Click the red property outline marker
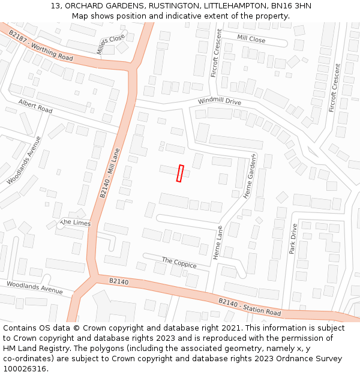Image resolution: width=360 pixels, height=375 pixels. coord(179,173)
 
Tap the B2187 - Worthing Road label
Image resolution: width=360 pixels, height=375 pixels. coord(41,47)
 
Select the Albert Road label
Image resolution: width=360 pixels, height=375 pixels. coord(35,107)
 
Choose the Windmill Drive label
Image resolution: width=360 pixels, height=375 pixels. coord(219,101)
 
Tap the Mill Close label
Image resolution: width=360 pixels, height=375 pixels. coord(251,39)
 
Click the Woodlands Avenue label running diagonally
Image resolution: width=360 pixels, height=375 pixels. coord(25,160)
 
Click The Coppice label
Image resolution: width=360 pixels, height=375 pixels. coord(179,262)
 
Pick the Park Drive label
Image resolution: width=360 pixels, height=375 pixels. coord(293,239)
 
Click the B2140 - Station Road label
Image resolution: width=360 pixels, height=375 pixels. coord(249,307)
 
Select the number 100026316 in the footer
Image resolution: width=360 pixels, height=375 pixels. coord(23,368)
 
